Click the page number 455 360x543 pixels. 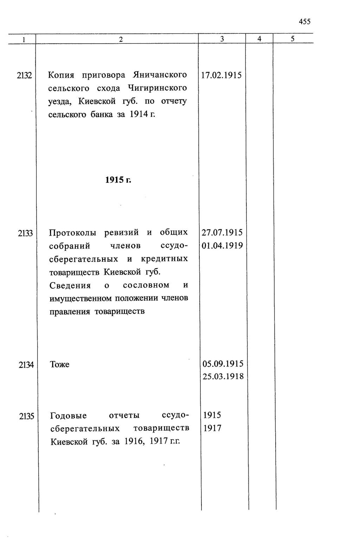[x=304, y=22]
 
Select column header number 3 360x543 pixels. [x=222, y=39]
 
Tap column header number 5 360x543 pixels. [x=292, y=39]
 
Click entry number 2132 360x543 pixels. [x=24, y=75]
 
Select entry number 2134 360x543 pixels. [x=26, y=365]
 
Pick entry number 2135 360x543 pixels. [x=26, y=416]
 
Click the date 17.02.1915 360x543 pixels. [x=221, y=75]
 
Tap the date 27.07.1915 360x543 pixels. [x=222, y=232]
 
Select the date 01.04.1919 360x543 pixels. [x=222, y=245]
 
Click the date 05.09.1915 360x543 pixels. [x=223, y=364]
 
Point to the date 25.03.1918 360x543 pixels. [x=223, y=377]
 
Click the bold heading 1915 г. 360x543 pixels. [x=118, y=180]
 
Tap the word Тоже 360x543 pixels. [x=59, y=365]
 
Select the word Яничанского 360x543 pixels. [x=160, y=75]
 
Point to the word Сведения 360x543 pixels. [x=70, y=285]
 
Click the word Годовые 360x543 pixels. [x=69, y=416]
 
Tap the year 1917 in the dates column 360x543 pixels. [x=212, y=428]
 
